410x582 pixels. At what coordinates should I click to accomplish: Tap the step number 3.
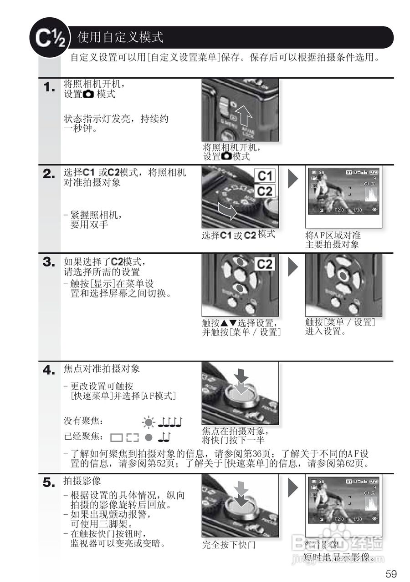(x=49, y=262)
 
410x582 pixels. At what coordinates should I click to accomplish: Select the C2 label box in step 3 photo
(x=265, y=264)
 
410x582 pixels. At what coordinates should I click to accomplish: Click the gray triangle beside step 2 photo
(x=293, y=179)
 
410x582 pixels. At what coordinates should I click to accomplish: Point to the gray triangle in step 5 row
(x=293, y=488)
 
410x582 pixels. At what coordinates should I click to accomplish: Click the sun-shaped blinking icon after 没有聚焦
(x=149, y=422)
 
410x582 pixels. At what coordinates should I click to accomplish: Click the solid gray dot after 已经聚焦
(x=148, y=437)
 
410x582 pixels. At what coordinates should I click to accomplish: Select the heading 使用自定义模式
(x=120, y=37)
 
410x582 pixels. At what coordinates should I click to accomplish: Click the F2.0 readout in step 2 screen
(x=339, y=210)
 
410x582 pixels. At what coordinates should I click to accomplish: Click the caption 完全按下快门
(x=229, y=545)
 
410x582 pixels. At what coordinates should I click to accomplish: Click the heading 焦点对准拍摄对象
(x=101, y=369)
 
